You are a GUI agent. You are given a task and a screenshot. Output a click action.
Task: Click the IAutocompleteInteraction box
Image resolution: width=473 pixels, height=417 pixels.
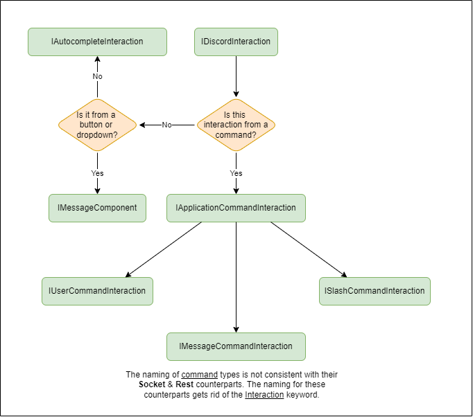tap(97, 42)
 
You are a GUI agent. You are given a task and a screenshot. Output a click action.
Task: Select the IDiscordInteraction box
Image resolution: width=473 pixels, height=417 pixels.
tap(236, 42)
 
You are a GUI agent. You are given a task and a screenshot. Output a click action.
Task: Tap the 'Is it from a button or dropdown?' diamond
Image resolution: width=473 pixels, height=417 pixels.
tap(97, 125)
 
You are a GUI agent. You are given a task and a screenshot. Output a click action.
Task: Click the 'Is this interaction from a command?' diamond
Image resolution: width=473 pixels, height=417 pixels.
tap(236, 125)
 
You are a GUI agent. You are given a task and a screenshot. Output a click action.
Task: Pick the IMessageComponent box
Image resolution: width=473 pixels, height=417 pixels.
tap(97, 208)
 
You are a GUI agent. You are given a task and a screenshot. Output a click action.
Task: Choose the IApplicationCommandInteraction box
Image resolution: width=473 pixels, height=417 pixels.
tap(236, 208)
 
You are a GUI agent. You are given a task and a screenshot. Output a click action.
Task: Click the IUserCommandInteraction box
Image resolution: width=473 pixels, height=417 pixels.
tap(97, 291)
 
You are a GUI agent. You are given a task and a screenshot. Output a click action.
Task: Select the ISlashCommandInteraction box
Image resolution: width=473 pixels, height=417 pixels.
tap(375, 291)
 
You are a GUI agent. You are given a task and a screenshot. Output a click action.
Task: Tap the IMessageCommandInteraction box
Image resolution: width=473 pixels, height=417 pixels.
tap(236, 346)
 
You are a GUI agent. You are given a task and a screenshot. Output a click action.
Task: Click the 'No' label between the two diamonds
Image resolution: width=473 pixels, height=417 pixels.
tap(166, 125)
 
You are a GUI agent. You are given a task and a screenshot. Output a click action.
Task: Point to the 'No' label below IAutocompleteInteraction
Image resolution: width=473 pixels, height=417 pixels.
tap(97, 76)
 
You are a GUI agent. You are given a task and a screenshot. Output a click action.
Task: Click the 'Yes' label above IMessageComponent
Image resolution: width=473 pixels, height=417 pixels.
tap(97, 172)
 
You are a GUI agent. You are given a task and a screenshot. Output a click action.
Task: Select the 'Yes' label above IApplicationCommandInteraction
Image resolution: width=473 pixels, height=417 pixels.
tap(236, 172)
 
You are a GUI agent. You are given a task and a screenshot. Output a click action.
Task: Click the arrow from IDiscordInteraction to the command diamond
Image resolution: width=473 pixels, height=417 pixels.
tap(236, 76)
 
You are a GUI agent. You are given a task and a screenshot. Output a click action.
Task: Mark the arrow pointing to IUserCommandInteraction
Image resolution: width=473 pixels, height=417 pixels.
tap(163, 250)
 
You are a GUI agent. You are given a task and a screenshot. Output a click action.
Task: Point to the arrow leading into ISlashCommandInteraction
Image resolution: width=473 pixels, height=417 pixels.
tap(309, 250)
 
